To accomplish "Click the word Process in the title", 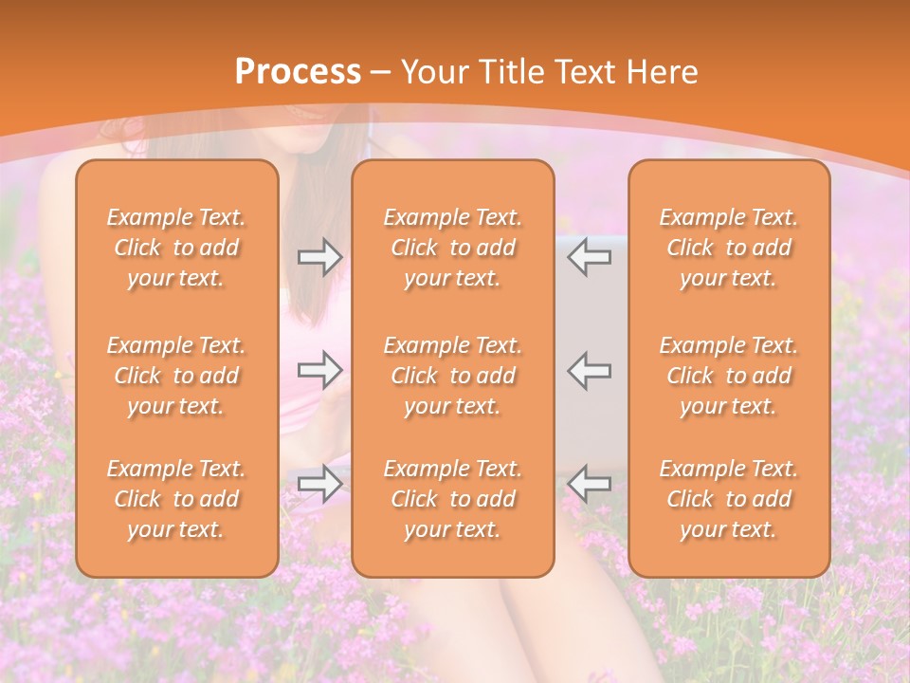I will pyautogui.click(x=298, y=72).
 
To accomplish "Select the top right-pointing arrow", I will pyautogui.click(x=319, y=257).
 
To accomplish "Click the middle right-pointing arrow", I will pyautogui.click(x=319, y=370).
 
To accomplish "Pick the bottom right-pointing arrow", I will pyautogui.click(x=319, y=484).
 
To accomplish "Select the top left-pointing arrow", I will pyautogui.click(x=589, y=257).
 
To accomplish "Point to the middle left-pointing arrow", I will pyautogui.click(x=589, y=370).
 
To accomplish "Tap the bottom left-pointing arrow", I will pyautogui.click(x=589, y=484).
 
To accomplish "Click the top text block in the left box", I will pyautogui.click(x=176, y=248).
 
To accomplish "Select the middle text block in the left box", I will pyautogui.click(x=176, y=376).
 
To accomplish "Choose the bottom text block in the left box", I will pyautogui.click(x=176, y=499).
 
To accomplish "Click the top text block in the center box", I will pyautogui.click(x=453, y=248).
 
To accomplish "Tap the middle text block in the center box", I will pyautogui.click(x=453, y=376).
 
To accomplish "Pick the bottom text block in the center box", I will pyautogui.click(x=453, y=499).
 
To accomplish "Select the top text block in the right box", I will pyautogui.click(x=729, y=248).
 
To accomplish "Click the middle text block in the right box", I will pyautogui.click(x=729, y=376).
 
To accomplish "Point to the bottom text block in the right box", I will pyautogui.click(x=729, y=499).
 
